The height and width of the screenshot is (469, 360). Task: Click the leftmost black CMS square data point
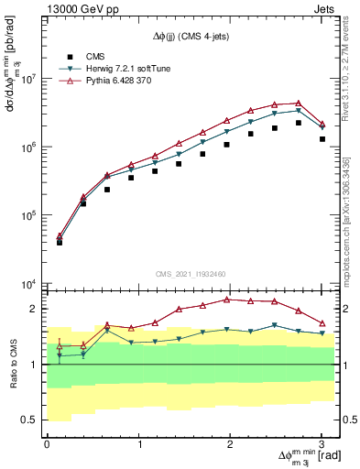coord(60,242)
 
